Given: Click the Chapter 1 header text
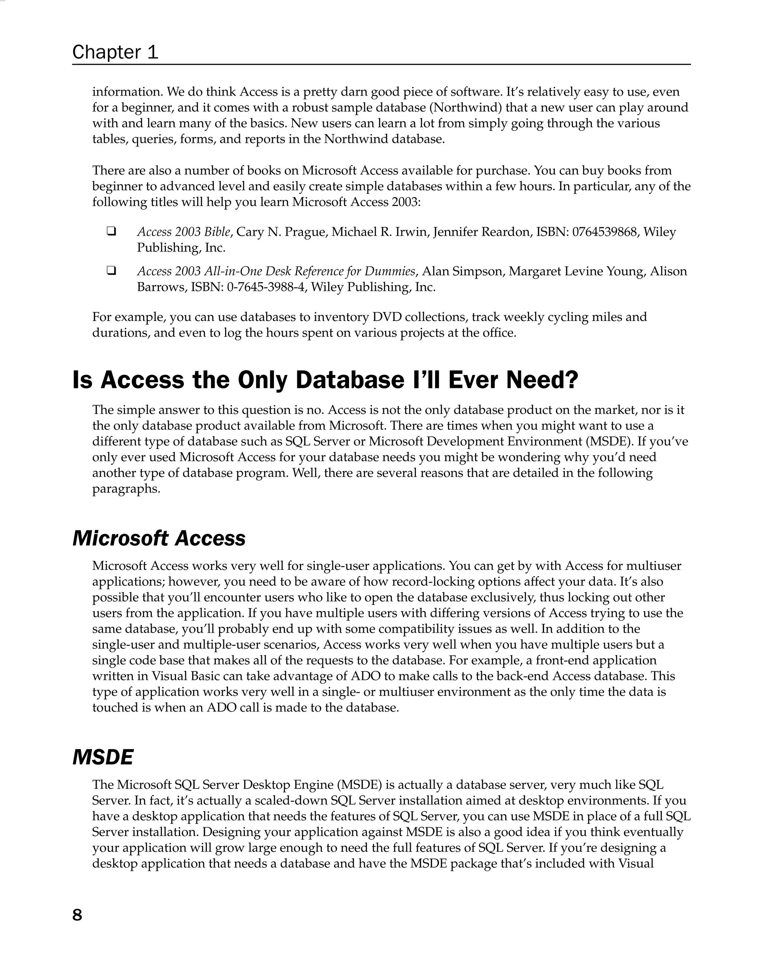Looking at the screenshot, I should coord(115,52).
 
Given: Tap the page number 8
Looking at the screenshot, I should coord(77,915).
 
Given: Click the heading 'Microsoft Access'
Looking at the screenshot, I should coord(159,539).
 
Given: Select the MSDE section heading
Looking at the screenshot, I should coord(103,757).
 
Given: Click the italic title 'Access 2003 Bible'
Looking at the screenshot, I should coord(184,232).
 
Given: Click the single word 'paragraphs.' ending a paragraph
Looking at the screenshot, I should coord(126,489).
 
